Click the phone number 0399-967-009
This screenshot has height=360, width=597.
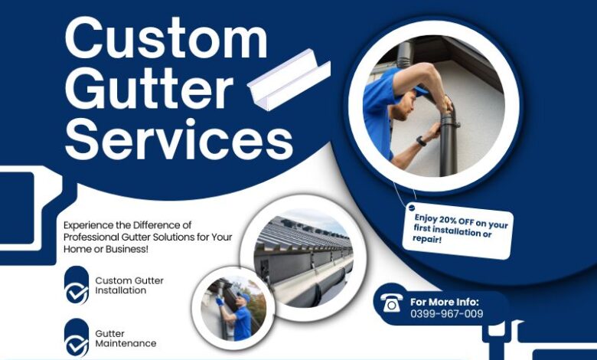(x=446, y=313)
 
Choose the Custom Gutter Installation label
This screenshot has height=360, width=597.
(x=129, y=286)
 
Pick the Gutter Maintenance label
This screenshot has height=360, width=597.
(x=126, y=339)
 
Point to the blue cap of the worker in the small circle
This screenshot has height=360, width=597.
(x=243, y=295)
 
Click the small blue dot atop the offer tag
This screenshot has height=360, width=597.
(x=411, y=208)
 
